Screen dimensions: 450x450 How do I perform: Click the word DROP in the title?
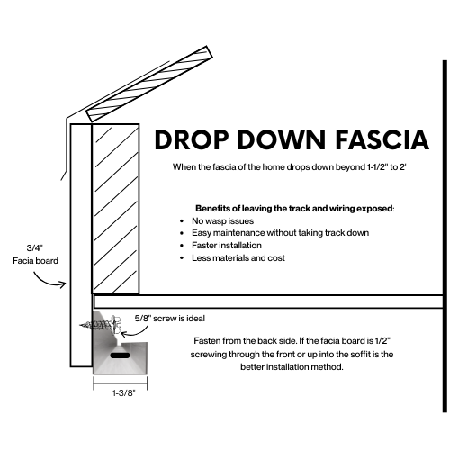click(x=193, y=141)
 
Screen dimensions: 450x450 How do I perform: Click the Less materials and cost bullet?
click(x=237, y=257)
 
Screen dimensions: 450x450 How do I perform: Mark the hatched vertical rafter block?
click(x=114, y=207)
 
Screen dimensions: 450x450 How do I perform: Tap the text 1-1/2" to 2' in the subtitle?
click(x=381, y=167)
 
